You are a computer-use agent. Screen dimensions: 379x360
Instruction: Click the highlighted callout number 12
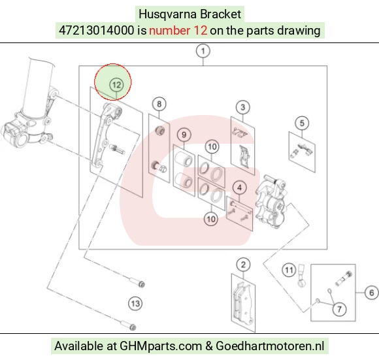tap(116, 85)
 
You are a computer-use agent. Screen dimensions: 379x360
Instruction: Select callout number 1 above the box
tap(203, 51)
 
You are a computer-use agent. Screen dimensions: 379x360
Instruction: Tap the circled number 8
tap(159, 104)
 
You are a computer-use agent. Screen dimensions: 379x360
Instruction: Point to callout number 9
tap(184, 135)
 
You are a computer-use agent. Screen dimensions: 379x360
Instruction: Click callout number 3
tap(243, 107)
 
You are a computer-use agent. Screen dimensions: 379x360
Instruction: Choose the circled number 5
tap(302, 123)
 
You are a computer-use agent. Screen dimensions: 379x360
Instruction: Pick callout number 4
tap(240, 188)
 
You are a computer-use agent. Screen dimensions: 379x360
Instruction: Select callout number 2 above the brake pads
tap(243, 265)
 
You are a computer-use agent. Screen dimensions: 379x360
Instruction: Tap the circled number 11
tap(289, 270)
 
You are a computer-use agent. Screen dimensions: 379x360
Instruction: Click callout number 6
tap(372, 293)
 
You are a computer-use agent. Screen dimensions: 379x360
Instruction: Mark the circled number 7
tap(339, 309)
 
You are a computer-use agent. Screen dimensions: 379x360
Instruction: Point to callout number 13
tap(135, 304)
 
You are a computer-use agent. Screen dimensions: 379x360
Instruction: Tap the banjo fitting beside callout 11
tap(302, 276)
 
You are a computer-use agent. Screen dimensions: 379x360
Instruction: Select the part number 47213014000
tap(97, 31)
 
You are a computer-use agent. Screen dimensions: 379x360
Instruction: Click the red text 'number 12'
tap(178, 31)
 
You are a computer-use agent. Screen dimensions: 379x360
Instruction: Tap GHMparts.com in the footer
tap(161, 346)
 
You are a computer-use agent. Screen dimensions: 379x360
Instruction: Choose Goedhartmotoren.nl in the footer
tap(270, 346)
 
